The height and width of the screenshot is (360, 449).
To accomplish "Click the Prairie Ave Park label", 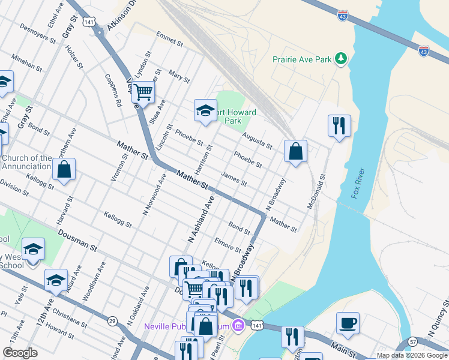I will click(302, 59).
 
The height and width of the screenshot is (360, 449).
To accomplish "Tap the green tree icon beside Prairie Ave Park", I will click(341, 58).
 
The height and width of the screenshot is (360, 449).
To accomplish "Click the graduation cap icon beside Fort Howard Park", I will click(205, 110).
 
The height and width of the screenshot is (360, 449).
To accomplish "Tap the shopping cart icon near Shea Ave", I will click(143, 92).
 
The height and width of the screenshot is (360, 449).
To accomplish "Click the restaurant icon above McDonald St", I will click(339, 125).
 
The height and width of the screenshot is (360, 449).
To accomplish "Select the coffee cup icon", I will click(348, 323).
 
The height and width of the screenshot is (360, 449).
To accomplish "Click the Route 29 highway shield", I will click(112, 321).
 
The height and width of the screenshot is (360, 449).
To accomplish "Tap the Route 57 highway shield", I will click(413, 341).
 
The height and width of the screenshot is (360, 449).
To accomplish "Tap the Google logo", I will click(20, 353).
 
